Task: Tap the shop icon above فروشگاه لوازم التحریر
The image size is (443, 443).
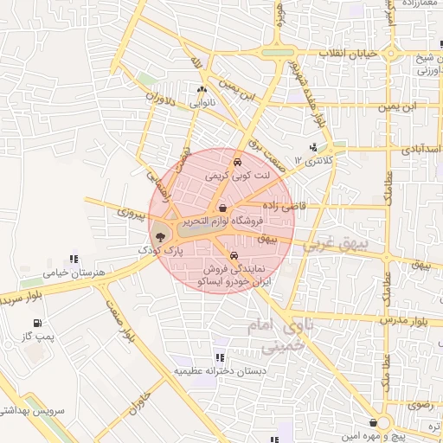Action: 224,208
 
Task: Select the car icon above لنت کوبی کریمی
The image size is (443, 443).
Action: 236,162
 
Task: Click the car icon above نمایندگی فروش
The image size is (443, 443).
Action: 235,255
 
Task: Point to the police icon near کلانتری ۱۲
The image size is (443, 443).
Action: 313,147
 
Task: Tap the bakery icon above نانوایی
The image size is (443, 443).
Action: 202,90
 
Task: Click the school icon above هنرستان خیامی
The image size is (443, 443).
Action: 74,259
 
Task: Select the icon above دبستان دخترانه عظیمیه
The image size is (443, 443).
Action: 220,356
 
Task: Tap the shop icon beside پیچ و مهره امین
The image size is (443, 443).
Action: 373,422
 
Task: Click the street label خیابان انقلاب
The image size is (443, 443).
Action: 350,54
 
